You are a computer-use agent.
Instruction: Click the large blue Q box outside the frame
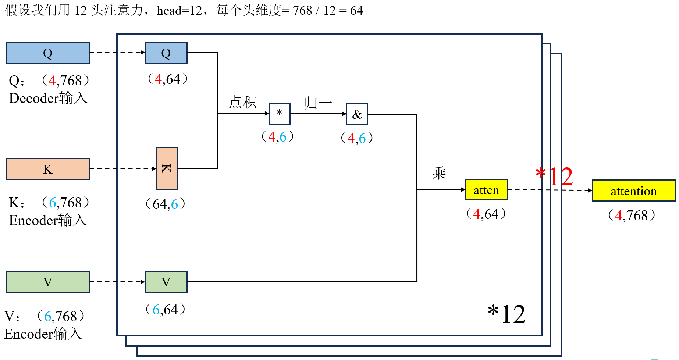(48, 53)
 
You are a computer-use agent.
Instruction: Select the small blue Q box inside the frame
(166, 53)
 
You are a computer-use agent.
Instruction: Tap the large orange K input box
(48, 169)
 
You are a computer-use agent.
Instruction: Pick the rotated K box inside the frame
(167, 168)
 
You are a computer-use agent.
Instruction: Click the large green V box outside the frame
(48, 282)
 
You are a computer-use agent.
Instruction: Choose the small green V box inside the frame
(166, 282)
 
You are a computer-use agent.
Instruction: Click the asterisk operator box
(280, 114)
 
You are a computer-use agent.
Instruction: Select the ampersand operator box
(357, 114)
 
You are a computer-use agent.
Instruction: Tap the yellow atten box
(486, 190)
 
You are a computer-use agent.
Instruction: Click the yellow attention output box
(633, 190)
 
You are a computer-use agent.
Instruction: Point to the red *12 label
(554, 177)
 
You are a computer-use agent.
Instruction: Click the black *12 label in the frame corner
(506, 314)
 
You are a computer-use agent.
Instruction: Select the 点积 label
(242, 102)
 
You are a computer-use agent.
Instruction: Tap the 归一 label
(318, 103)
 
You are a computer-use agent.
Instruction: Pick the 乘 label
(439, 173)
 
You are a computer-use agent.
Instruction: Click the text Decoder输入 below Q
(48, 98)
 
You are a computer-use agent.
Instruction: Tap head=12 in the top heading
(179, 10)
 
